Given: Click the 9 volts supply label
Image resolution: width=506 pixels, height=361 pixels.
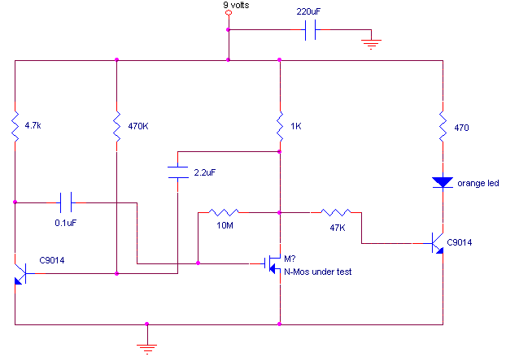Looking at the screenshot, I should pos(236,6).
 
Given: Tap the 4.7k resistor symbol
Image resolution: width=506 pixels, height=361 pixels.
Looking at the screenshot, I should pos(15,126).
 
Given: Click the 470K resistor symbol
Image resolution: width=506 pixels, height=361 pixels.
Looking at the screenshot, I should pos(117,126).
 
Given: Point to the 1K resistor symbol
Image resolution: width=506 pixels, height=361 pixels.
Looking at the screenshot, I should pos(279,126).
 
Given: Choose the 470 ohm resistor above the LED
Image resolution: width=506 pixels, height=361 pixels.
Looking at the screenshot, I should pos(443,126).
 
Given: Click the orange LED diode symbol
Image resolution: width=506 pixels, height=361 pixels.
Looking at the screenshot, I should pos(443,182).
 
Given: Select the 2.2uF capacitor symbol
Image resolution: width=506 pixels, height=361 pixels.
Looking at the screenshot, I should pos(178,172).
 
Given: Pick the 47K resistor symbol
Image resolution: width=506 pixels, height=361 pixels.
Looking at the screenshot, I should pos(335,212).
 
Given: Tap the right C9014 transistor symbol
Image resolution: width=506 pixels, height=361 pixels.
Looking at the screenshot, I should pos(437,242).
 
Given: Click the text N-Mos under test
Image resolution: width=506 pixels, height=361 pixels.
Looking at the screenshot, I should pos(317,272).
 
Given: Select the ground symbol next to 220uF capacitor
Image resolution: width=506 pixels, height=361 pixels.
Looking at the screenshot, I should pos(372,43).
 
